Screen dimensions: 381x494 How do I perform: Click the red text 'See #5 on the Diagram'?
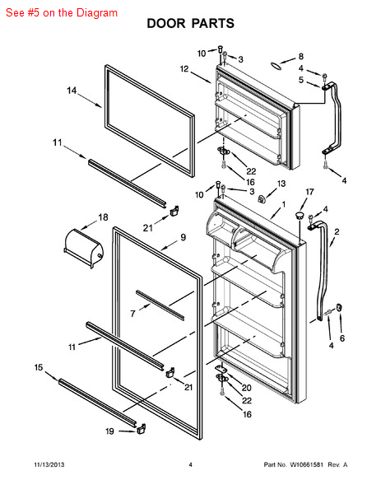pyautogui.click(x=62, y=12)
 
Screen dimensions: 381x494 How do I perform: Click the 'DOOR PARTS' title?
pyautogui.click(x=191, y=23)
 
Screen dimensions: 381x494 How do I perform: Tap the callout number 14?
pyautogui.click(x=72, y=91)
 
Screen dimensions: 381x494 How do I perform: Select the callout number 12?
pyautogui.click(x=184, y=68)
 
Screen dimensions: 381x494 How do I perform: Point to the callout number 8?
pyautogui.click(x=301, y=56)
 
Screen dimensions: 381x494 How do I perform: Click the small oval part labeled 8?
pyautogui.click(x=276, y=66)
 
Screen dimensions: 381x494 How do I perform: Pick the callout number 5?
pyautogui.click(x=301, y=80)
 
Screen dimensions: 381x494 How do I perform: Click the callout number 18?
pyautogui.click(x=104, y=217)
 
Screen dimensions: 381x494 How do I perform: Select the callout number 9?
pyautogui.click(x=184, y=237)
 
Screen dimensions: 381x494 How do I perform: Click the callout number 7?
pyautogui.click(x=132, y=314)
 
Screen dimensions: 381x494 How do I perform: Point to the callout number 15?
pyautogui.click(x=39, y=367)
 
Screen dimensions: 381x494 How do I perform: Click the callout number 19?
pyautogui.click(x=109, y=431)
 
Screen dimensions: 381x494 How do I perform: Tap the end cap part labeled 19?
pyautogui.click(x=141, y=428)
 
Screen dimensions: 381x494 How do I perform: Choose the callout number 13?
pyautogui.click(x=281, y=184)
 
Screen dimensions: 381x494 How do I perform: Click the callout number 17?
pyautogui.click(x=310, y=192)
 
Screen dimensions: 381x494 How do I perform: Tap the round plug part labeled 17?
pyautogui.click(x=300, y=216)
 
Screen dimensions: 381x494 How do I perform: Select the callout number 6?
pyautogui.click(x=342, y=338)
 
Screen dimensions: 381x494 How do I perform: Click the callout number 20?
pyautogui.click(x=247, y=388)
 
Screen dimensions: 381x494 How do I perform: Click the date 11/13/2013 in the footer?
pyautogui.click(x=49, y=464)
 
